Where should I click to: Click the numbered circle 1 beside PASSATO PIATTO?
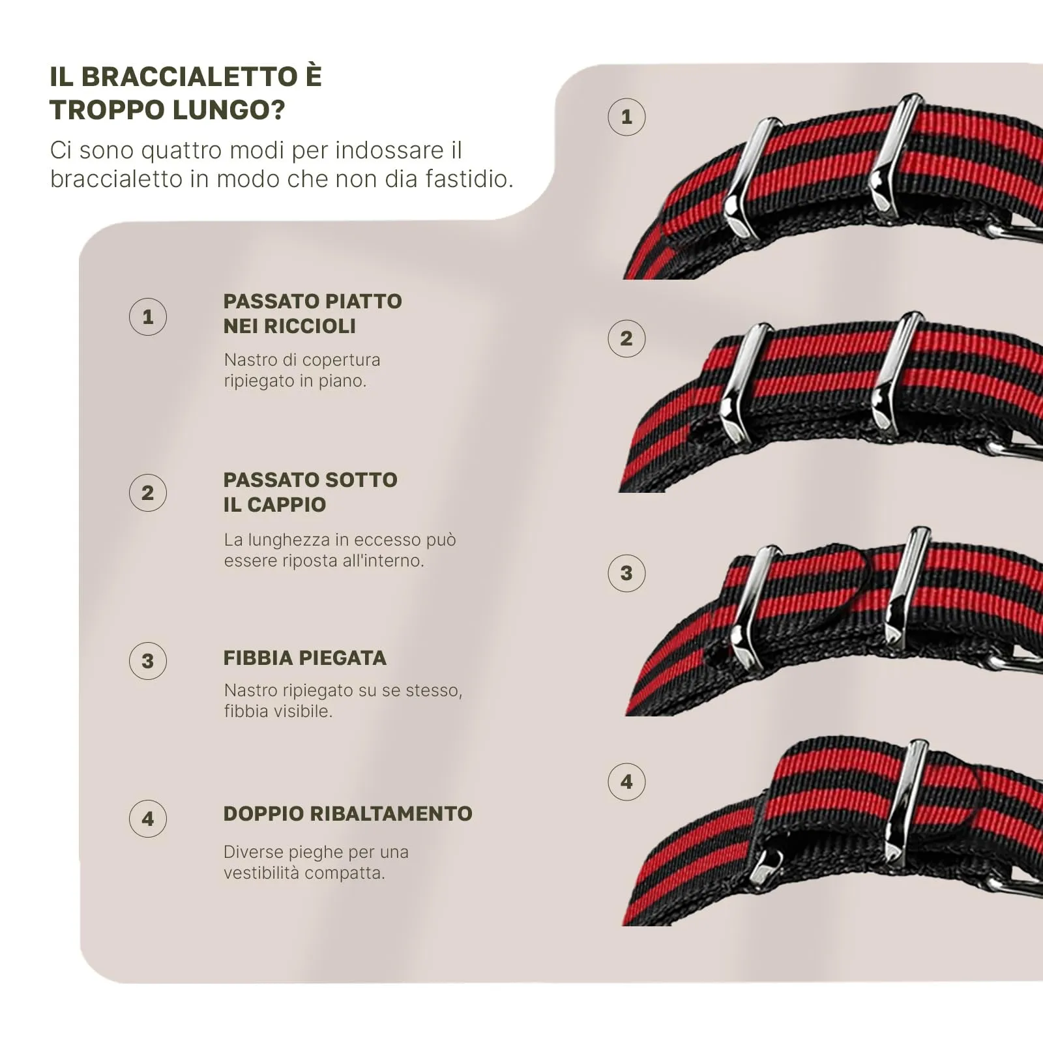148,317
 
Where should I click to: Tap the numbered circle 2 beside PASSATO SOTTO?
148,493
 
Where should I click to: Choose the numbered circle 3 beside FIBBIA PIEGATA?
148,661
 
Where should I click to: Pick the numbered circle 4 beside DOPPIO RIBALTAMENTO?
148,819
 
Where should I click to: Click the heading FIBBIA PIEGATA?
305,658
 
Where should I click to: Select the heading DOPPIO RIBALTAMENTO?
348,814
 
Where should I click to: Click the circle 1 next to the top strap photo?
626,117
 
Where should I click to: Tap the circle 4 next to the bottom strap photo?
626,782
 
